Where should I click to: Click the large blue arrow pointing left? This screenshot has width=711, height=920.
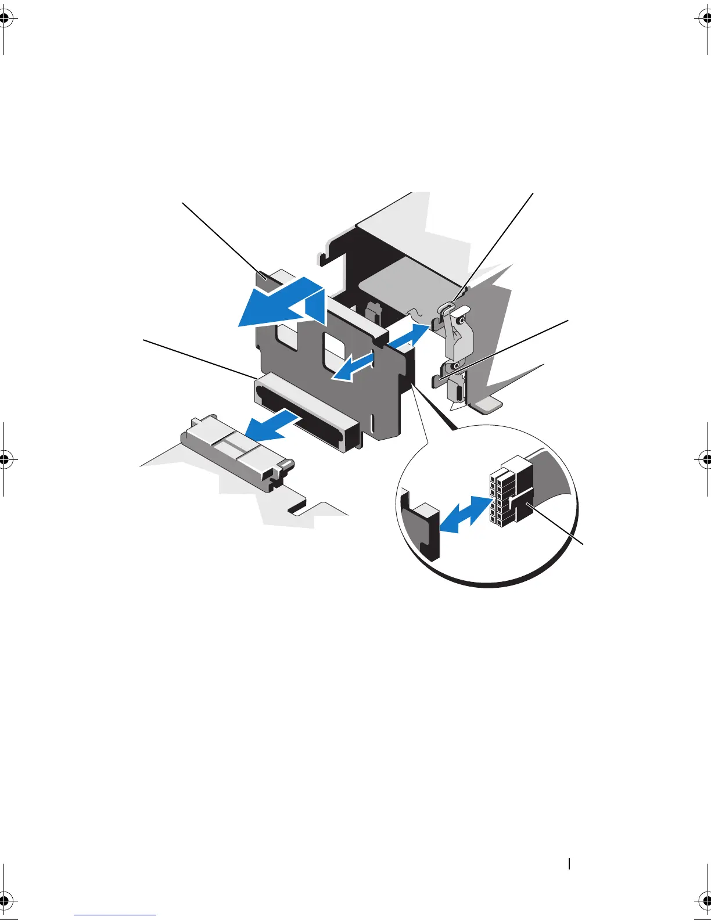279,305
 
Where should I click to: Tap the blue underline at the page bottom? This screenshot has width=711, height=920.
115,915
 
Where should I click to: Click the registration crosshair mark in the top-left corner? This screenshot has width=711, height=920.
5,19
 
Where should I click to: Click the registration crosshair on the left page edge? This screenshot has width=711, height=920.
5,459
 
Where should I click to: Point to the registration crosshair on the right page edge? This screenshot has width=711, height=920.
706,459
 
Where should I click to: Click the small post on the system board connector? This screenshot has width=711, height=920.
288,465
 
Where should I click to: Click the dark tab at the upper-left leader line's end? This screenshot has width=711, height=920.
265,280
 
